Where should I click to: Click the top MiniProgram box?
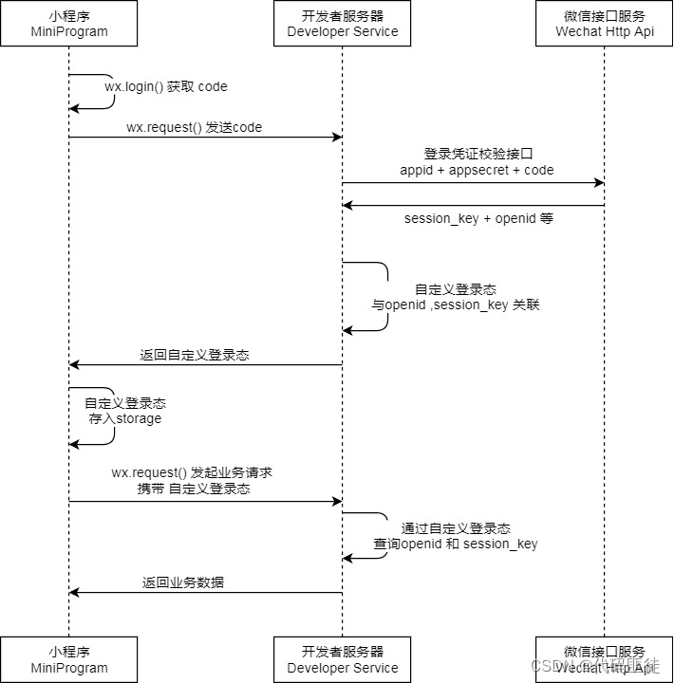pyautogui.click(x=68, y=24)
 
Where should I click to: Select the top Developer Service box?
pyautogui.click(x=343, y=24)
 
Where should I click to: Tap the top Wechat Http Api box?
pyautogui.click(x=604, y=24)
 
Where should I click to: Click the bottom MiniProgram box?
pyautogui.click(x=68, y=659)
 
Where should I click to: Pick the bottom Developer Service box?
pyautogui.click(x=343, y=659)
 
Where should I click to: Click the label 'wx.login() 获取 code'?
pyautogui.click(x=166, y=86)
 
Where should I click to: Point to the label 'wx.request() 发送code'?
pyautogui.click(x=194, y=127)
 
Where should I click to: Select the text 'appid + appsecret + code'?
pyautogui.click(x=477, y=170)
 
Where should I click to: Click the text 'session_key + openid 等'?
pyautogui.click(x=478, y=218)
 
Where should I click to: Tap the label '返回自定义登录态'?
pyautogui.click(x=195, y=355)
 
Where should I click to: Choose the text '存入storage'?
pyautogui.click(x=125, y=418)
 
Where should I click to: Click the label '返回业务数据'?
pyautogui.click(x=183, y=582)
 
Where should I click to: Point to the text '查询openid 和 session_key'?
pyautogui.click(x=456, y=544)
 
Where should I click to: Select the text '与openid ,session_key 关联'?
pyautogui.click(x=456, y=305)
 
